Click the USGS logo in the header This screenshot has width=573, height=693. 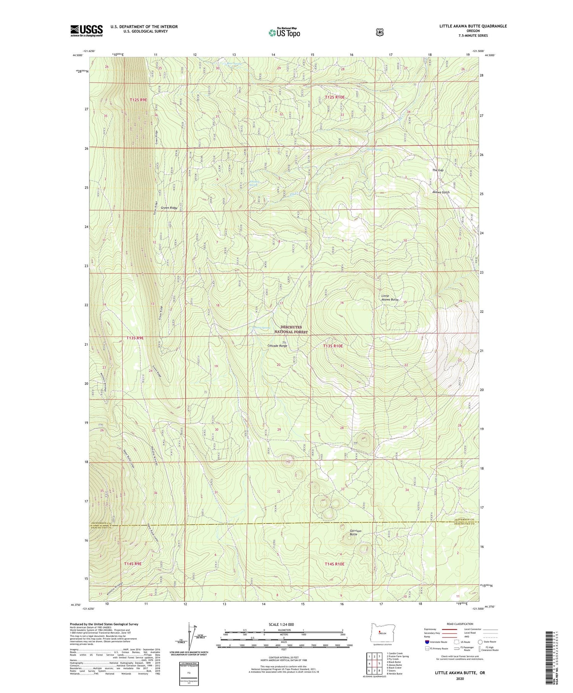(x=86, y=31)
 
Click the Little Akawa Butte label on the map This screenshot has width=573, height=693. (x=390, y=298)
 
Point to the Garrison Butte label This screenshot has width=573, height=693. (x=355, y=533)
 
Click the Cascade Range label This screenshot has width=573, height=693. (x=277, y=346)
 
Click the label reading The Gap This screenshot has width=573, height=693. (x=438, y=170)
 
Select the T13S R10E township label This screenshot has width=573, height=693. (x=333, y=346)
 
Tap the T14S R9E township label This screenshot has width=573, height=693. (x=133, y=563)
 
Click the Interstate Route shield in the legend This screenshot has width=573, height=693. (x=427, y=642)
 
